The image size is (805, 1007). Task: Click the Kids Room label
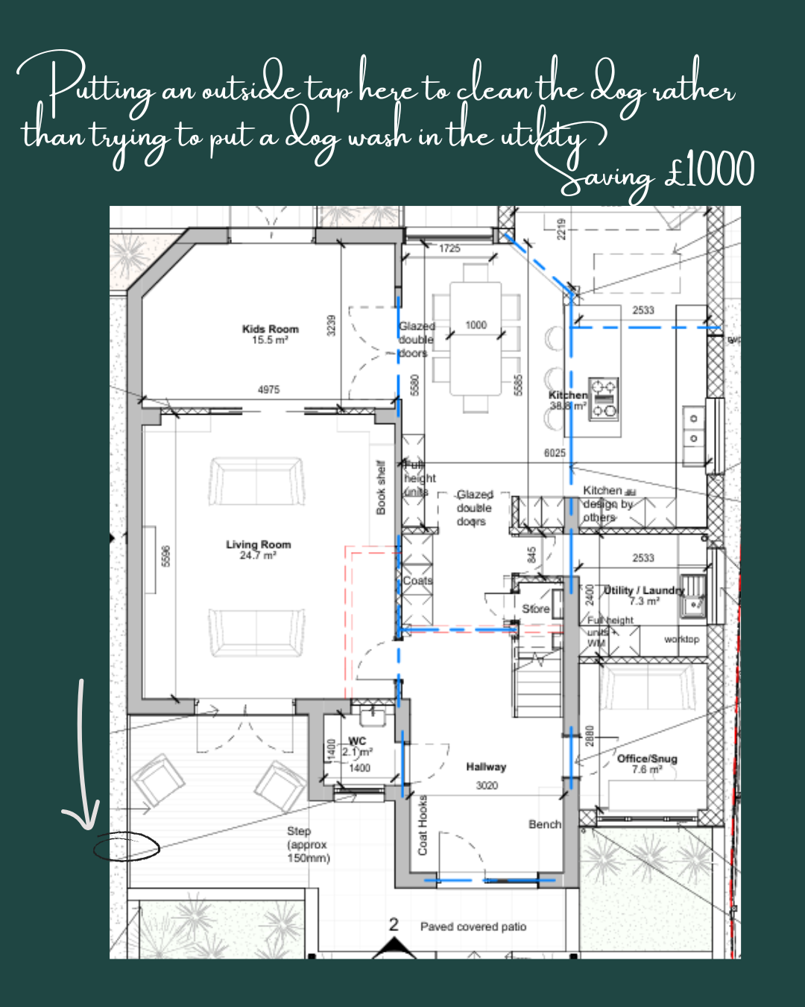270,329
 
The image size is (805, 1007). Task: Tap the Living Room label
258,545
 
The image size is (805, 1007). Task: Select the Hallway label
486,767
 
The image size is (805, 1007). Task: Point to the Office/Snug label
646,759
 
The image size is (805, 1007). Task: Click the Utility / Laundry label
643,590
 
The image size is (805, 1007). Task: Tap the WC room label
357,741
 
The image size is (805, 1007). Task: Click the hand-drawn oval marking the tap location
126,847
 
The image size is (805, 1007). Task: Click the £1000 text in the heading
709,171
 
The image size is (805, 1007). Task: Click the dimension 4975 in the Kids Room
268,389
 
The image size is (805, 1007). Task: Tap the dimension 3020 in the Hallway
487,785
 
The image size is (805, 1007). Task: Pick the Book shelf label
381,487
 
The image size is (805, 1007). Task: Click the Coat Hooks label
423,825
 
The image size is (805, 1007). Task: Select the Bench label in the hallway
544,824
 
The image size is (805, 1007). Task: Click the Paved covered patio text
473,926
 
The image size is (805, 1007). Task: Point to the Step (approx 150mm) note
307,844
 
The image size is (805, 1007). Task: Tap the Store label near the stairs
535,609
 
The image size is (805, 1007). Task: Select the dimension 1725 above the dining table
449,248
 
